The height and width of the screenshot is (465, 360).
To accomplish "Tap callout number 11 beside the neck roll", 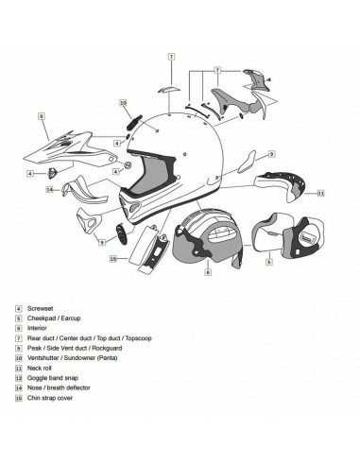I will coord(320,193).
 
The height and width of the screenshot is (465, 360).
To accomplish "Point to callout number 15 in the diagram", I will coord(112,258).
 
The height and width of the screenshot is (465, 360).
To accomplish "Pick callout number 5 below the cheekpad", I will coord(269,260).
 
